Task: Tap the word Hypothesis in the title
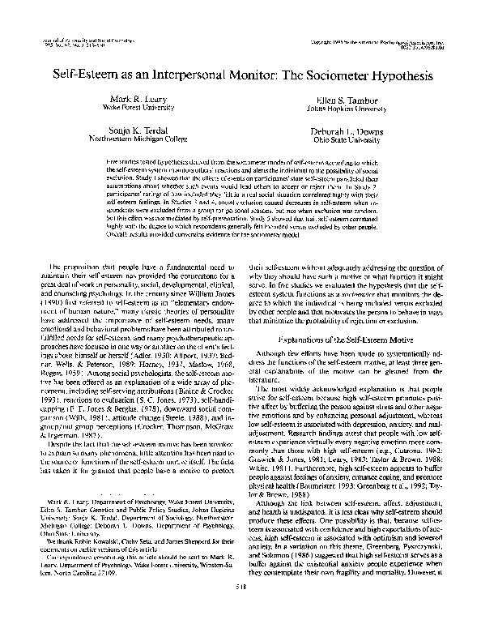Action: point(396,73)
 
